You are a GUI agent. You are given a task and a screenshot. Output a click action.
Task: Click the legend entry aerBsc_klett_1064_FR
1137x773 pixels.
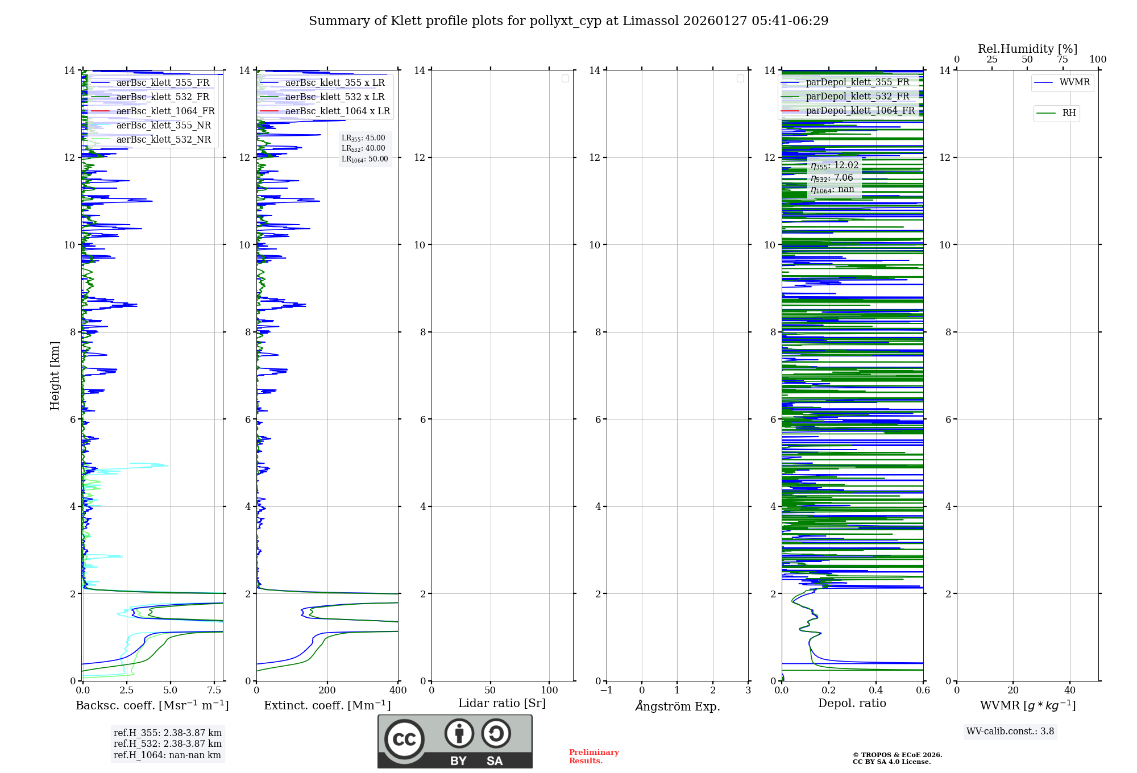[x=165, y=111]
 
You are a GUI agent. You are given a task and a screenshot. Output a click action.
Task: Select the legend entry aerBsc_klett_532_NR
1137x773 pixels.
[x=163, y=140]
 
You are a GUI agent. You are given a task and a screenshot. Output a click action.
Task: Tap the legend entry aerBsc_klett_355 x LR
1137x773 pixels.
[x=334, y=83]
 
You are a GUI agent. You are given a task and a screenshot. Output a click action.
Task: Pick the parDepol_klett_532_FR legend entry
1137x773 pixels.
[x=857, y=97]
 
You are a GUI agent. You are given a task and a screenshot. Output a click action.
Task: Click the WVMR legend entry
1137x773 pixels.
[x=1074, y=82]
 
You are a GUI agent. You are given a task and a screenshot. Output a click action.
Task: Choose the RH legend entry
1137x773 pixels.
[x=1069, y=113]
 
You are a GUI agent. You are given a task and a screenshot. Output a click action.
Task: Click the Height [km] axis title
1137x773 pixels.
[x=55, y=376]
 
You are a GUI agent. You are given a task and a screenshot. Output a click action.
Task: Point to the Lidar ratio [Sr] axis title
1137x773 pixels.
[x=502, y=704]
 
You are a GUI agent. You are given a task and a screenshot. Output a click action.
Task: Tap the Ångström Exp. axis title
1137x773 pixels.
[x=678, y=706]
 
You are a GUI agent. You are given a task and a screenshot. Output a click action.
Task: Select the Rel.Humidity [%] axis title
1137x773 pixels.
[x=1027, y=49]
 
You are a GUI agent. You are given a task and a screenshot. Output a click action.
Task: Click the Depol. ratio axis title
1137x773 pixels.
[x=852, y=704]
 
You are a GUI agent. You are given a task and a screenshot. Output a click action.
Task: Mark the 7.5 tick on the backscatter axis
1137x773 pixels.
[x=214, y=691]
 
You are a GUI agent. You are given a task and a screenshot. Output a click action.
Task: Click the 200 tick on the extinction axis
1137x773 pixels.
[x=327, y=691]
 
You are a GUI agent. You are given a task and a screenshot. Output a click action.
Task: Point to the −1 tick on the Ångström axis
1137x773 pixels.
[x=607, y=691]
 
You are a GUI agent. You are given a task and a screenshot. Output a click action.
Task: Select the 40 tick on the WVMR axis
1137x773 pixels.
[x=1069, y=691]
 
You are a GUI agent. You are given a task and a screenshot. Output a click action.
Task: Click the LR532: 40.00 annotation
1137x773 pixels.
[x=363, y=148]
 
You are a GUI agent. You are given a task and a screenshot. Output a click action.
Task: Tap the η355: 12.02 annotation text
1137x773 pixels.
[x=835, y=165]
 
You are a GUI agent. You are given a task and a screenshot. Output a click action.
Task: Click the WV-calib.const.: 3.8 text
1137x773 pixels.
[x=1010, y=732]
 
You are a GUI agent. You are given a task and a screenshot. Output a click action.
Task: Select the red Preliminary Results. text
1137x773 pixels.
[x=594, y=757]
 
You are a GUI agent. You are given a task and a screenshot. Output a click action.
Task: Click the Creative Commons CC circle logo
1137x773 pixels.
[x=404, y=739]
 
